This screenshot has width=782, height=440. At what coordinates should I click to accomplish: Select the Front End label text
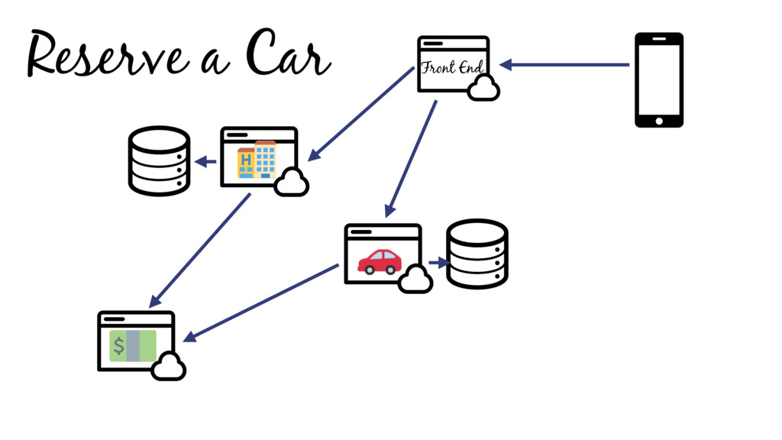pos(452,67)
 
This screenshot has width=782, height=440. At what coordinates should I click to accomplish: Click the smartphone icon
pos(659,79)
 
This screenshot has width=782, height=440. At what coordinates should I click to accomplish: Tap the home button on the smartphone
pos(659,120)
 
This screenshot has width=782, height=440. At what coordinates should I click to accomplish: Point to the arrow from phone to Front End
pos(565,65)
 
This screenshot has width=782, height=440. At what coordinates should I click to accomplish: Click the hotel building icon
pos(257,160)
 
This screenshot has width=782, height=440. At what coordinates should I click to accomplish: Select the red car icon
pos(380,261)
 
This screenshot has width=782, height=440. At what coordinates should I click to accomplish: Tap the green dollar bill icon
pos(133,346)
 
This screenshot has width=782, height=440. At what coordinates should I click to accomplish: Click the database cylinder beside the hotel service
pos(158,160)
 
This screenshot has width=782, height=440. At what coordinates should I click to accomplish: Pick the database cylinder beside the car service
pos(477,254)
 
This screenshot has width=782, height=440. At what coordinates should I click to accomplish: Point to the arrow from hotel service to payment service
pos(200,251)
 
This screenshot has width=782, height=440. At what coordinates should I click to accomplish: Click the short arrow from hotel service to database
pos(205,161)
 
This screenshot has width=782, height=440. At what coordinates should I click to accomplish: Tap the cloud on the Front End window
pos(483,89)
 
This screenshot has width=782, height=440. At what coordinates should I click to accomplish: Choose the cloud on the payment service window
pos(169,367)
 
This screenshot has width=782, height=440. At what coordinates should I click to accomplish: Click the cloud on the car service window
pos(415,280)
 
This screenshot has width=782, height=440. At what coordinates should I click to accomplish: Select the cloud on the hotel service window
pos(291,183)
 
